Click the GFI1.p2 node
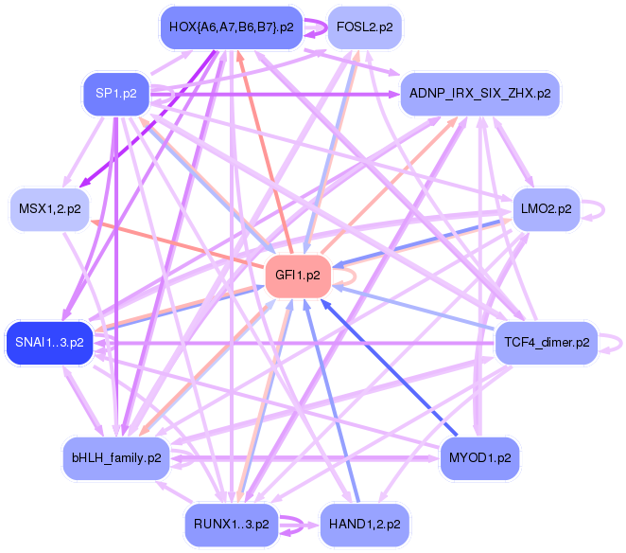pos(297,276)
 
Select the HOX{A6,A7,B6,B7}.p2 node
pos(230,27)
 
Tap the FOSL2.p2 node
pos(364,27)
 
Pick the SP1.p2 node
pos(116,93)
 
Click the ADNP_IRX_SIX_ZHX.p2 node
pos(480,93)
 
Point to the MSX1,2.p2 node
pos(50,208)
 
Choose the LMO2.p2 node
pos(546,208)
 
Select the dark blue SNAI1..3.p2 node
pos(50,342)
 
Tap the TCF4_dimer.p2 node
pos(547,342)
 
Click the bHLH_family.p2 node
pos(116,457)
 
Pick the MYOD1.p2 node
pos(480,457)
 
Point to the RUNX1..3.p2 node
pos(230,523)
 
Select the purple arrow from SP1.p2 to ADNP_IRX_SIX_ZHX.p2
pos(284,94)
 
